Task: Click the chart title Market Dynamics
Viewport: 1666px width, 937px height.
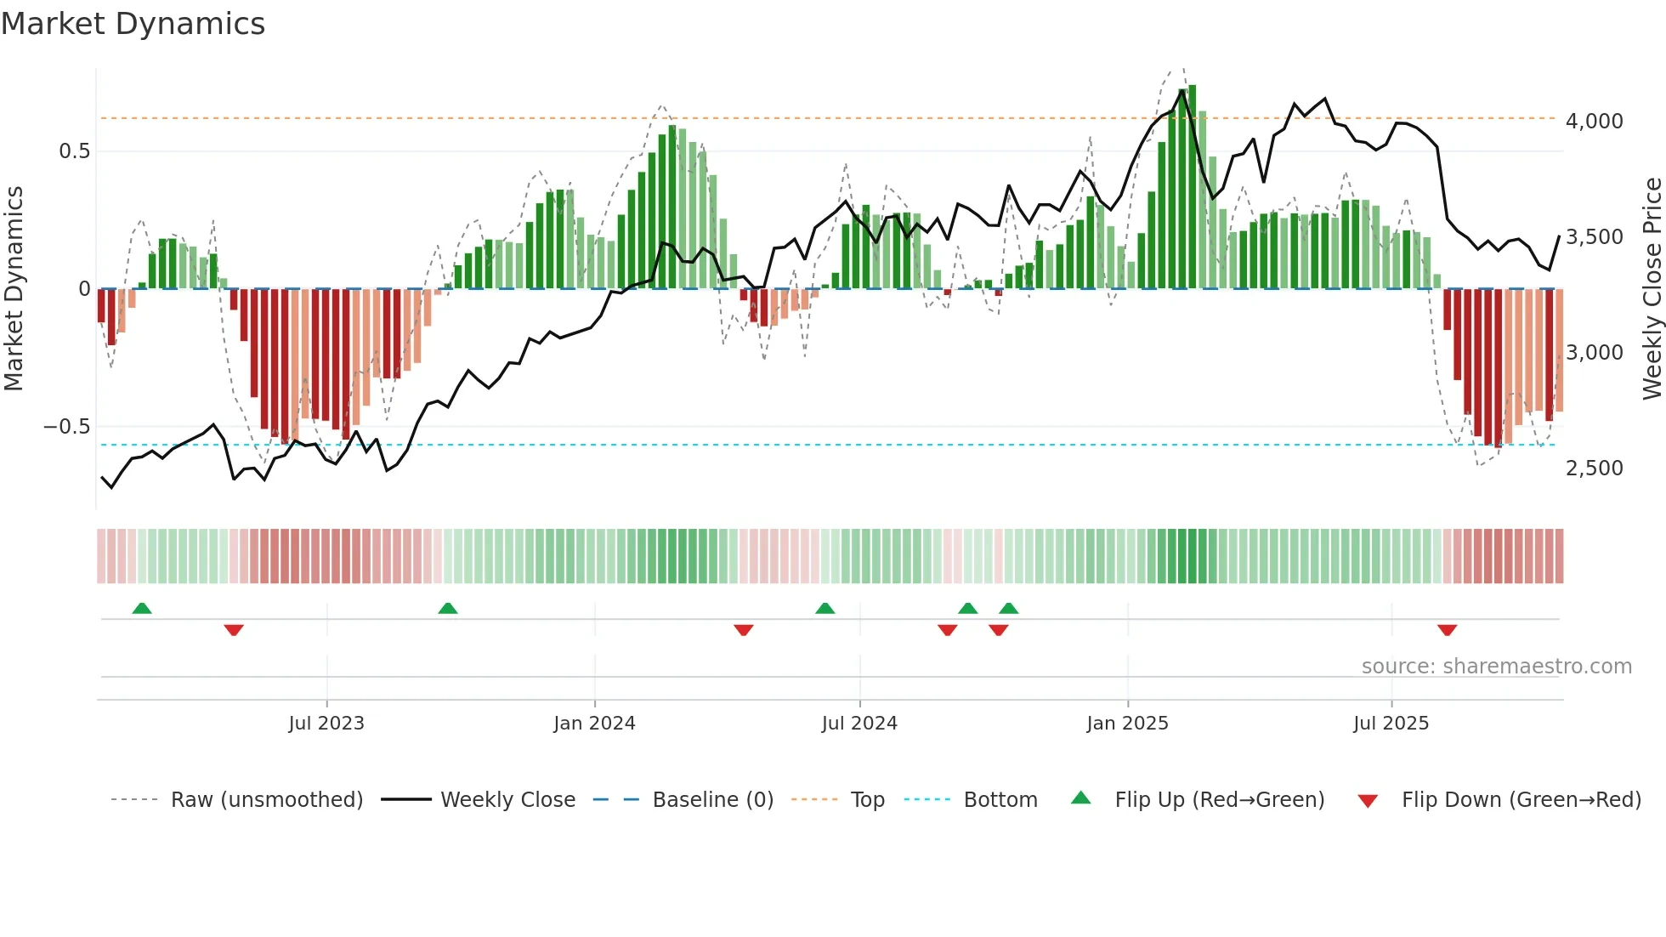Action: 133,24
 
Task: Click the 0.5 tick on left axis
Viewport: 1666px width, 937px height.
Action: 74,151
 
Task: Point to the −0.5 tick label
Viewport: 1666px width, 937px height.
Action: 66,427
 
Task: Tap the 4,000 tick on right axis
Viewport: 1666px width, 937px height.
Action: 1594,122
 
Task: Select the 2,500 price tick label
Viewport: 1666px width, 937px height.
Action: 1594,468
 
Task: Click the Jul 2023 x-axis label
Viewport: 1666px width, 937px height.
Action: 326,724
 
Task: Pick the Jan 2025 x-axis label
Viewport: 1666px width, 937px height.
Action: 1127,724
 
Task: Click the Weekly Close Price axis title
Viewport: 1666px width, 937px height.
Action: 1652,289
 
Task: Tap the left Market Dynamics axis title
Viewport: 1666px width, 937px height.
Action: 14,289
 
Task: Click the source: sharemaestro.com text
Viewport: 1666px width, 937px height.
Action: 1496,667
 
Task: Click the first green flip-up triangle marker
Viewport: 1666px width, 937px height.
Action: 142,608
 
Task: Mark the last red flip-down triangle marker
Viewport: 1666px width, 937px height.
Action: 1447,630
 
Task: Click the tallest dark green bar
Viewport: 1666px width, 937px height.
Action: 1193,187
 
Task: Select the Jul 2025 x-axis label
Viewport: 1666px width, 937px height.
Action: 1391,724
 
